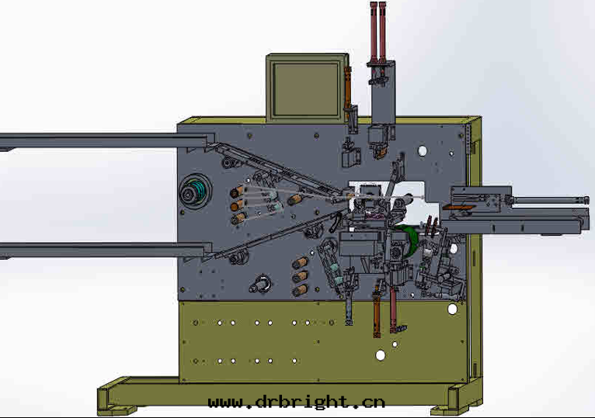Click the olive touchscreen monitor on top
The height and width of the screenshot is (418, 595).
(307, 88)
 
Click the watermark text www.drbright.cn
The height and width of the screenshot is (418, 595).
(297, 402)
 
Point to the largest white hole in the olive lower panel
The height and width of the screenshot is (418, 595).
(380, 355)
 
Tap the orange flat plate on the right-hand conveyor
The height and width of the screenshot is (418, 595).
(458, 206)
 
